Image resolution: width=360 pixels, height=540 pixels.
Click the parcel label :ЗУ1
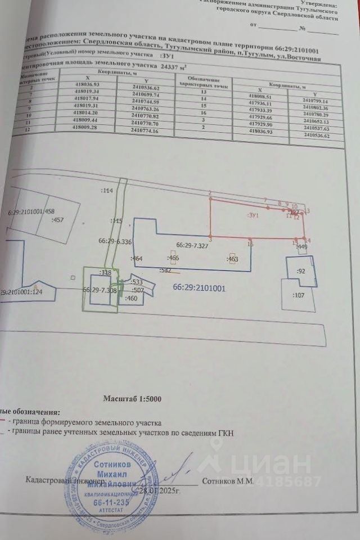253,214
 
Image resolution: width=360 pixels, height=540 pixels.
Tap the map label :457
57,220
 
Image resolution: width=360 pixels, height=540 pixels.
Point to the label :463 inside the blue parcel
232,259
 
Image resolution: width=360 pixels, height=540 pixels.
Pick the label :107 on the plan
299,294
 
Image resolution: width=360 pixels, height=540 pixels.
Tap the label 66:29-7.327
193,245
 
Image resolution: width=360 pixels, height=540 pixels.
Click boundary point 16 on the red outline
250,244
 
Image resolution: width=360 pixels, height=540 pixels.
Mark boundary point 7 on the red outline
265,200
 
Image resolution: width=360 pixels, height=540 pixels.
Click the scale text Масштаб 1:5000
132,398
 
